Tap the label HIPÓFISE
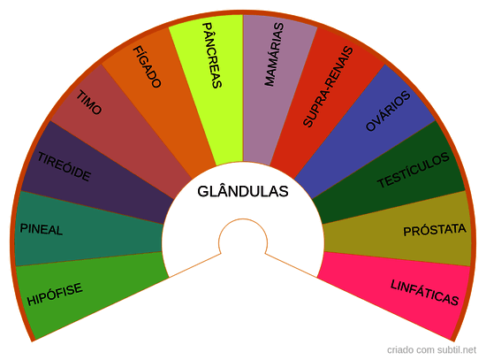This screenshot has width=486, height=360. pos(55,294)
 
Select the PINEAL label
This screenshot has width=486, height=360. pos(42,229)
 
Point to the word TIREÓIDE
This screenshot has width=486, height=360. pos(65,166)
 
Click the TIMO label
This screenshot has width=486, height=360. pos(89,103)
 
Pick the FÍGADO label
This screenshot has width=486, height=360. pos(147,66)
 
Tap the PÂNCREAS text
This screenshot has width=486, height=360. pos(212,55)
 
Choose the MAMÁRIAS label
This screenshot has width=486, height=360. pos(274,54)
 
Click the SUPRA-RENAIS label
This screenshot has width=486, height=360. pos(328,87)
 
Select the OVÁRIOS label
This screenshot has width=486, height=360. pos(388,111)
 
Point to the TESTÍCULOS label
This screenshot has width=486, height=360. pos(414,170)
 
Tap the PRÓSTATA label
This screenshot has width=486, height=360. pos(435,230)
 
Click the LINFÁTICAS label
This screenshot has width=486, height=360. pos(424,293)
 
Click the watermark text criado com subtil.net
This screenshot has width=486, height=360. pos(431,349)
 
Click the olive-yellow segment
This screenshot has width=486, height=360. pos(399,231)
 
